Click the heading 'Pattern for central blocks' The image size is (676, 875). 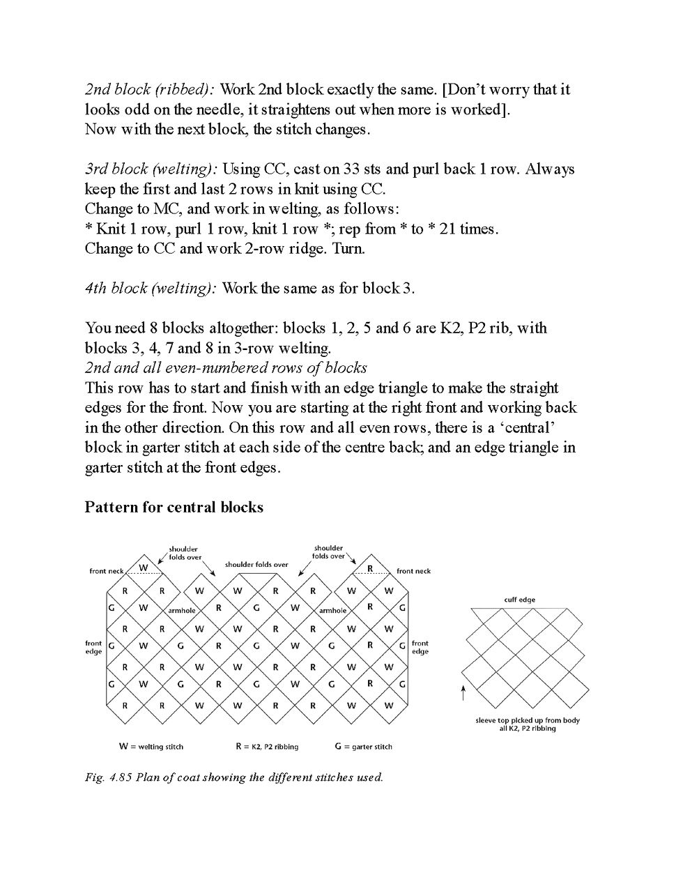point(174,508)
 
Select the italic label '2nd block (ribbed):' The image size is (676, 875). point(150,89)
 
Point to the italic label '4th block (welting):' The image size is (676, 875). point(151,289)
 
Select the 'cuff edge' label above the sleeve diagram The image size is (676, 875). point(520,600)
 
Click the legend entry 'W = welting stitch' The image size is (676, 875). point(151,747)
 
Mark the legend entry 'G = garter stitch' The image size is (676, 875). point(363,747)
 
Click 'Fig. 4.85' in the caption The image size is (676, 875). point(108,777)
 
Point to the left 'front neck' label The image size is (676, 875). point(107,571)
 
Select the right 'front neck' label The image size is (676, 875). point(413,571)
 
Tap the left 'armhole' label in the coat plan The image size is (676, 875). point(181,611)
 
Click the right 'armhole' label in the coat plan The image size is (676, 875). point(332,611)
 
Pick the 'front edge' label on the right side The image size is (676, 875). point(420,648)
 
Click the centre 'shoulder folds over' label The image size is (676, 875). point(256,564)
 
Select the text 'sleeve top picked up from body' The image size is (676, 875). point(528,720)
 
